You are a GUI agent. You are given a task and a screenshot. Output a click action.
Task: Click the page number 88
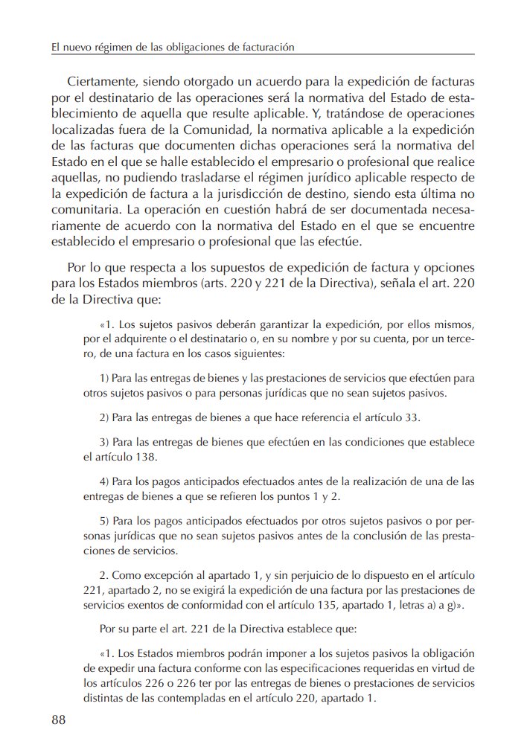[59, 719]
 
